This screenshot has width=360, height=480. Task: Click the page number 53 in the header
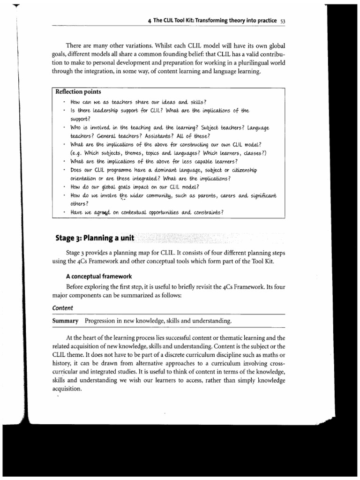[282, 21]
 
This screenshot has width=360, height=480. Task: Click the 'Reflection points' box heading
[75, 91]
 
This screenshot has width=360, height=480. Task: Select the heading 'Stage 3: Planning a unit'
[94, 238]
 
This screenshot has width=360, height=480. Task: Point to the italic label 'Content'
[61, 308]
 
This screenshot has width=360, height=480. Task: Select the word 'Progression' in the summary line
[103, 321]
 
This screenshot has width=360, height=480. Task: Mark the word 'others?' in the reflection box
[81, 203]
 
